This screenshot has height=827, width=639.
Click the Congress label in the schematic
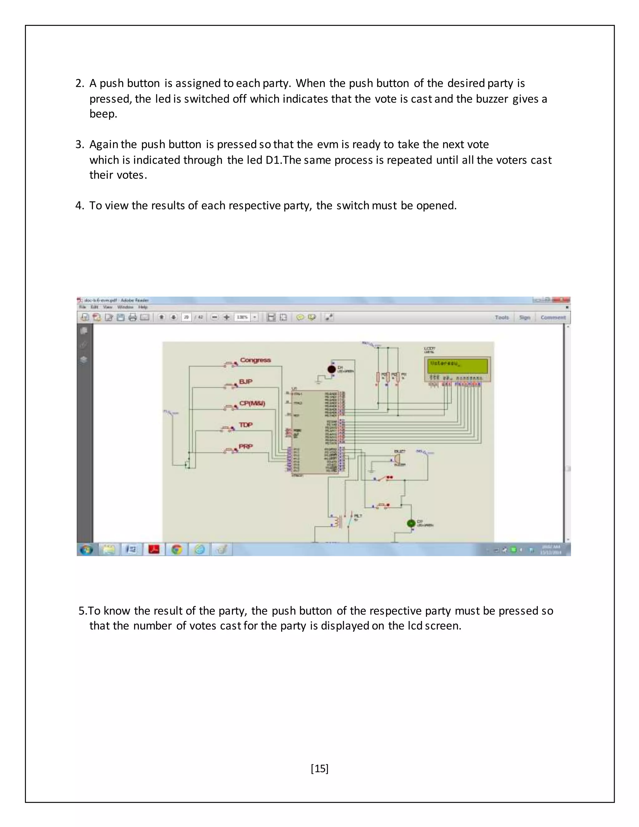256,360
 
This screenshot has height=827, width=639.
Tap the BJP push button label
246,382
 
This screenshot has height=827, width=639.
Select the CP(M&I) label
252,403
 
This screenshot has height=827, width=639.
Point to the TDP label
246,425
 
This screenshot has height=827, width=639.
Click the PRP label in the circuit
246,447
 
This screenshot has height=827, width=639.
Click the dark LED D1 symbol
331,369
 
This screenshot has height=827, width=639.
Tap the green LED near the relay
411,523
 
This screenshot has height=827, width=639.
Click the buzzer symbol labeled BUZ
396,459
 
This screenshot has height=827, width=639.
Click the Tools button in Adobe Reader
502,317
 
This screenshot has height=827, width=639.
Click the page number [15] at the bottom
319,768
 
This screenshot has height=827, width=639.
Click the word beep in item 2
103,114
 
